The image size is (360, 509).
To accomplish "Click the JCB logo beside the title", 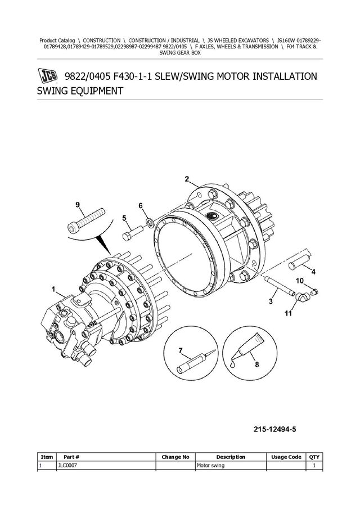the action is [x=48, y=76].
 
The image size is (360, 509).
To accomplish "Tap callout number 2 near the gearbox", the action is [x=187, y=179].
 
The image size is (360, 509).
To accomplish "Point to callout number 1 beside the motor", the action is [x=53, y=290].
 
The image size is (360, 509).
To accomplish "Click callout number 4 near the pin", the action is [x=313, y=272].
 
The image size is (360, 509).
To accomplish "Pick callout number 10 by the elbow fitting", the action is [x=299, y=281].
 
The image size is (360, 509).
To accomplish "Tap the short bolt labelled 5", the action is [x=133, y=229].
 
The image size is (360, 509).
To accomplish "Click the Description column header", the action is [x=231, y=457].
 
